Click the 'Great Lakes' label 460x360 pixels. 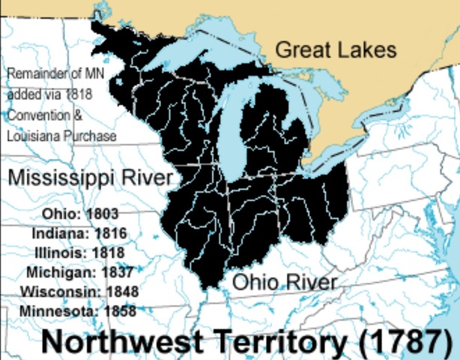(335, 50)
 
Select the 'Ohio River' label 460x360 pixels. (284, 282)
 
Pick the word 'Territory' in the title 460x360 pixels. (285, 341)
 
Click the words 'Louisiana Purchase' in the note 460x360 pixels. (61, 136)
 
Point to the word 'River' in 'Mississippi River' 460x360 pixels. (147, 178)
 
